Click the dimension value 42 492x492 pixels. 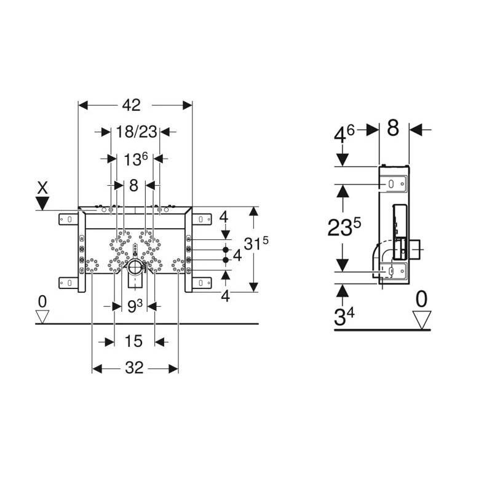[x=132, y=105]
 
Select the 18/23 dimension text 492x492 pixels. [x=137, y=132]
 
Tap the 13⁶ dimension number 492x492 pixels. [x=135, y=159]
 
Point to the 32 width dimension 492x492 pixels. [x=134, y=368]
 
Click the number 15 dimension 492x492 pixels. [x=133, y=341]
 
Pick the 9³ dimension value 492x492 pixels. [x=135, y=306]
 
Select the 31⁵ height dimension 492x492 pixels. [x=256, y=243]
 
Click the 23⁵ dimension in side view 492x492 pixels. [x=344, y=226]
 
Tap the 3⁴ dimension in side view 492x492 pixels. [x=344, y=316]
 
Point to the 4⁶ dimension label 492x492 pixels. [x=344, y=135]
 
